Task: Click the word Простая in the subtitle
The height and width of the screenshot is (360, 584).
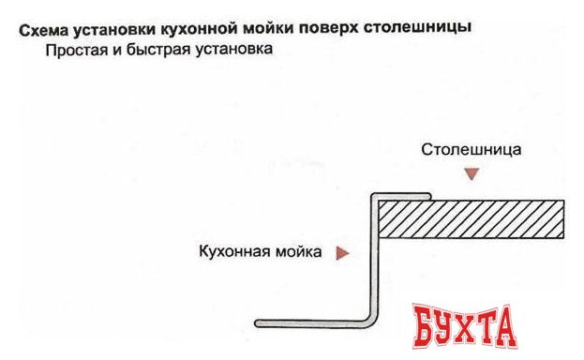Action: (x=72, y=51)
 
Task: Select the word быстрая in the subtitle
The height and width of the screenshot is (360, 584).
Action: (x=159, y=51)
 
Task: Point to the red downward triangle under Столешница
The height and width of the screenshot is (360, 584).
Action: (x=472, y=173)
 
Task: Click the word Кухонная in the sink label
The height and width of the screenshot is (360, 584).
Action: (x=233, y=251)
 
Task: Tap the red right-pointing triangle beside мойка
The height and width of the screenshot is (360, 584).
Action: (x=343, y=251)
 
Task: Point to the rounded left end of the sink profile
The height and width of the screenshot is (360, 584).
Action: (x=262, y=323)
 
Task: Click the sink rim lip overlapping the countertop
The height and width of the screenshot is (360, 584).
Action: (x=403, y=197)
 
